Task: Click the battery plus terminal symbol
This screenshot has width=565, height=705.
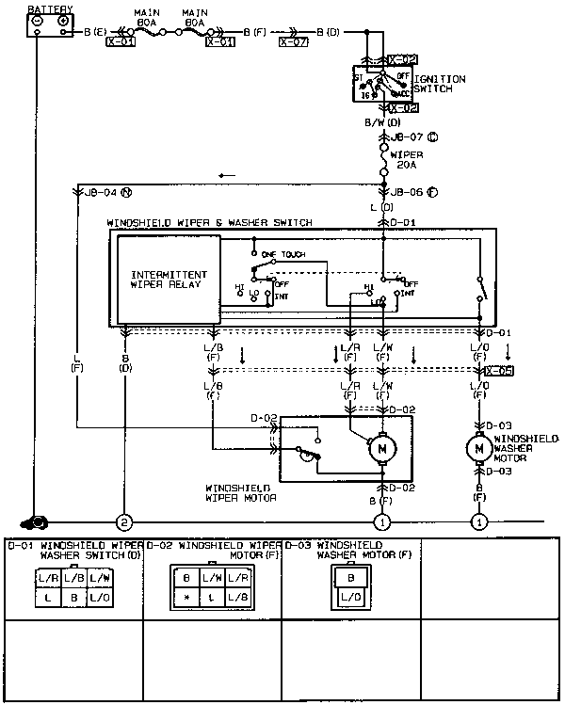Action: [x=63, y=20]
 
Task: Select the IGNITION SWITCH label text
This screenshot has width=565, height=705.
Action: [x=437, y=83]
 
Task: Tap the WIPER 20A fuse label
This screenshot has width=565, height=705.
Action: [x=408, y=159]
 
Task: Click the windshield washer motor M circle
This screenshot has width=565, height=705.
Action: [x=479, y=449]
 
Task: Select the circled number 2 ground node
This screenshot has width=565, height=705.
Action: [x=122, y=521]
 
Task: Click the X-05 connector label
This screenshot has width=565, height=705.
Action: [x=499, y=372]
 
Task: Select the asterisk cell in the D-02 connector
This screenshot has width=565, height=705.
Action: [x=187, y=596]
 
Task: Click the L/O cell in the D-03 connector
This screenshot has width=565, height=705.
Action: [x=351, y=597]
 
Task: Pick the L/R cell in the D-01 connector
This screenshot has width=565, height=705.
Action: [x=48, y=578]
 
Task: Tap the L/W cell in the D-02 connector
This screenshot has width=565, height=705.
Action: [x=212, y=578]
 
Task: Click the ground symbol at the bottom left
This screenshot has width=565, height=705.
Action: [x=38, y=521]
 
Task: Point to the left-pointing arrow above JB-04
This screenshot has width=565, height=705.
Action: [x=226, y=175]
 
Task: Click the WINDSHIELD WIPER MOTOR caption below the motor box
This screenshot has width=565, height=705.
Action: [x=240, y=492]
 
